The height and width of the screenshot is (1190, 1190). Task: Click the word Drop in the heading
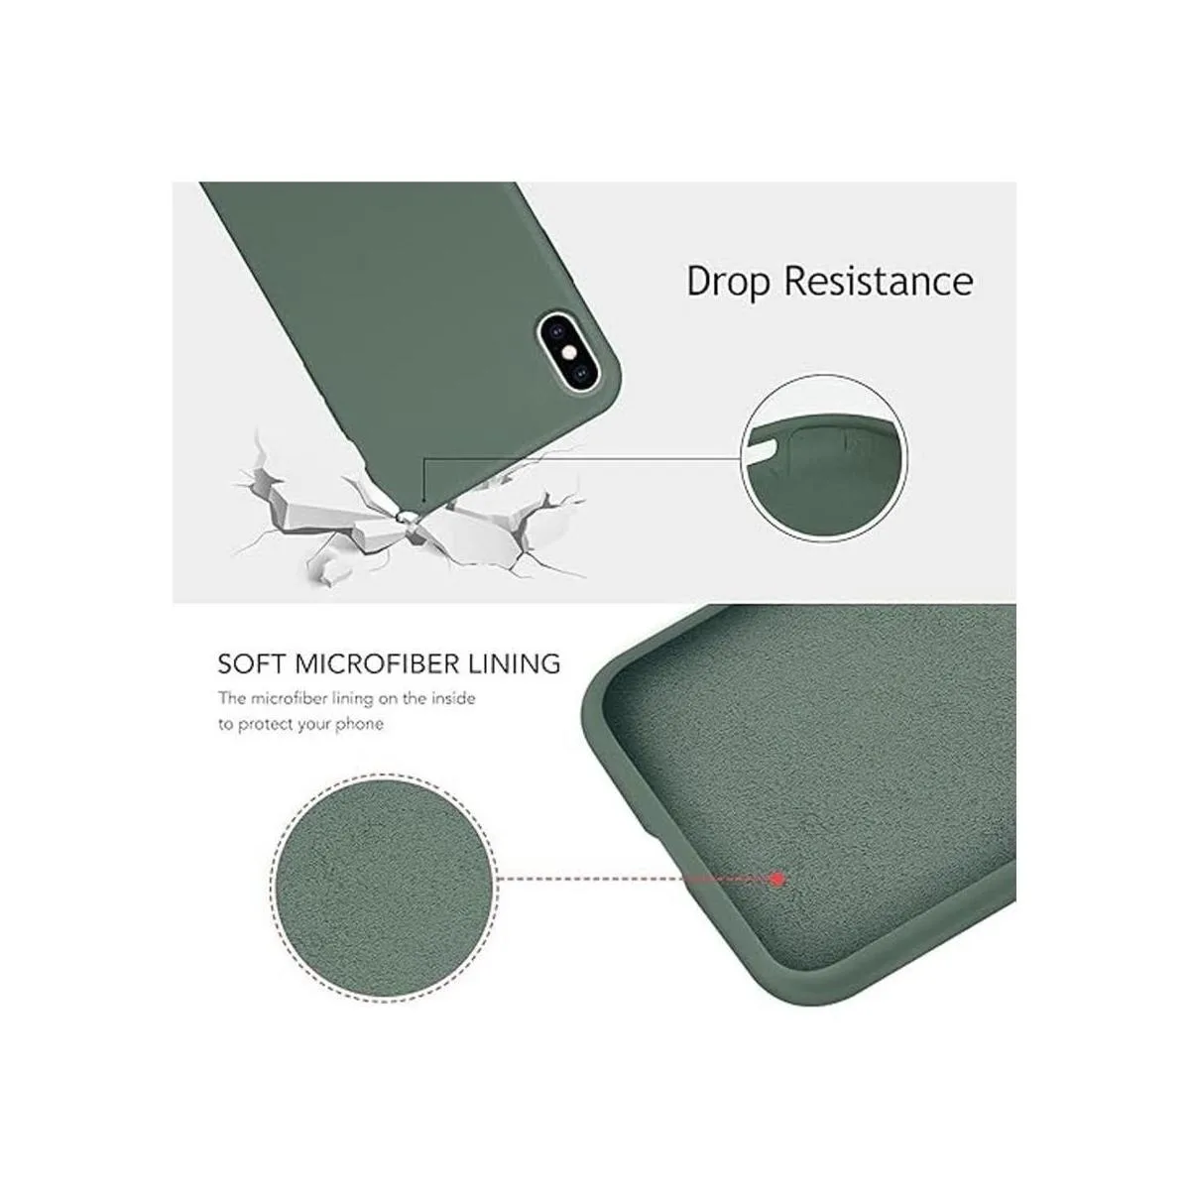click(x=729, y=284)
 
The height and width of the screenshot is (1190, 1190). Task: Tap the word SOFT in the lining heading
click(x=251, y=663)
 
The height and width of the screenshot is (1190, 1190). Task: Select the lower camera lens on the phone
click(x=582, y=374)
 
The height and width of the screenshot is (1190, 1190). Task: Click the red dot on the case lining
click(x=779, y=879)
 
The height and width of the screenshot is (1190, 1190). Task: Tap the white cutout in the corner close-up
click(x=765, y=449)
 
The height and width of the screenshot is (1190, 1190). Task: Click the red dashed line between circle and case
click(x=636, y=879)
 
